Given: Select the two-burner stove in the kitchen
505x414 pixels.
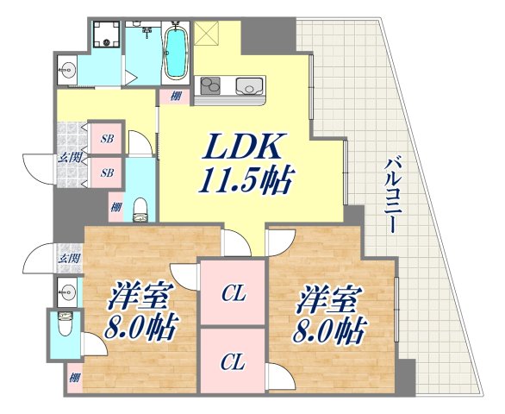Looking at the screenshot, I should pyautogui.click(x=212, y=85).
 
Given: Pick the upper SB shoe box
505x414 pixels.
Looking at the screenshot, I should pyautogui.click(x=109, y=139).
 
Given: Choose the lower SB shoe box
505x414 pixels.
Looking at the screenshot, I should pyautogui.click(x=109, y=172).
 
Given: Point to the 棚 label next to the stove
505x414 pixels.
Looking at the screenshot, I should pyautogui.click(x=175, y=97).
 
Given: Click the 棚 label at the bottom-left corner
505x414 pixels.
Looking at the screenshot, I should pyautogui.click(x=75, y=377).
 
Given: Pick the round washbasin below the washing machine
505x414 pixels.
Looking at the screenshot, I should pyautogui.click(x=69, y=68).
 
